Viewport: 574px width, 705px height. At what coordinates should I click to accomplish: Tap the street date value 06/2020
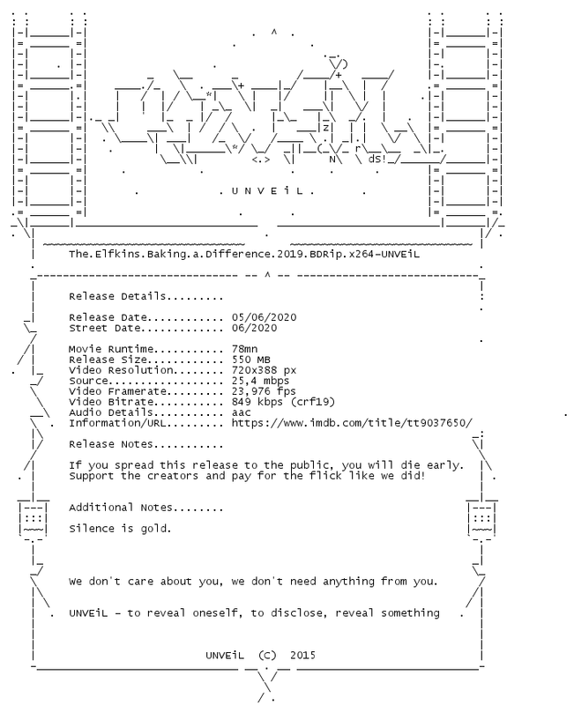coord(254,328)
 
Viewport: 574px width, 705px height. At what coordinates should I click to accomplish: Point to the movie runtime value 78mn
coord(245,349)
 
